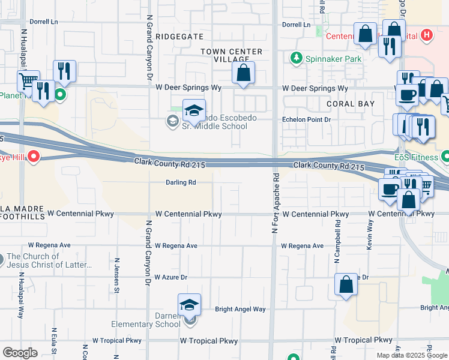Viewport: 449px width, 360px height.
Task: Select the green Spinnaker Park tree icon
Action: pos(295,58)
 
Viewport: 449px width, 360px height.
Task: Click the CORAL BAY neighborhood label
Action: pos(351,104)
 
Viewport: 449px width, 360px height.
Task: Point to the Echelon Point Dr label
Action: pos(307,119)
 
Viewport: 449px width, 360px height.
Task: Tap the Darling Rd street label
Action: pos(181,182)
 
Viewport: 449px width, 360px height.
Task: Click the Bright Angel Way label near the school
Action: pos(240,310)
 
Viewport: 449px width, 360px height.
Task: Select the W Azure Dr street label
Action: pos(171,277)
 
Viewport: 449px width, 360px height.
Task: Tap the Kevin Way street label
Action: pos(370,234)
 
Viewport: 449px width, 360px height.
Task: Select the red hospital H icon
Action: pos(427,35)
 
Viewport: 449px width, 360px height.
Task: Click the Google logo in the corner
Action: pos(20,353)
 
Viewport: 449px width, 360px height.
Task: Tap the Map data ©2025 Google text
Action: pos(412,355)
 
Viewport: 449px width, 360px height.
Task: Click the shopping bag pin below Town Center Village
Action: pos(243,74)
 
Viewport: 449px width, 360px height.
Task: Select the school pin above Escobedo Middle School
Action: pos(194,111)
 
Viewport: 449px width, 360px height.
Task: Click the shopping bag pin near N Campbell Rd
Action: pos(346,286)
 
